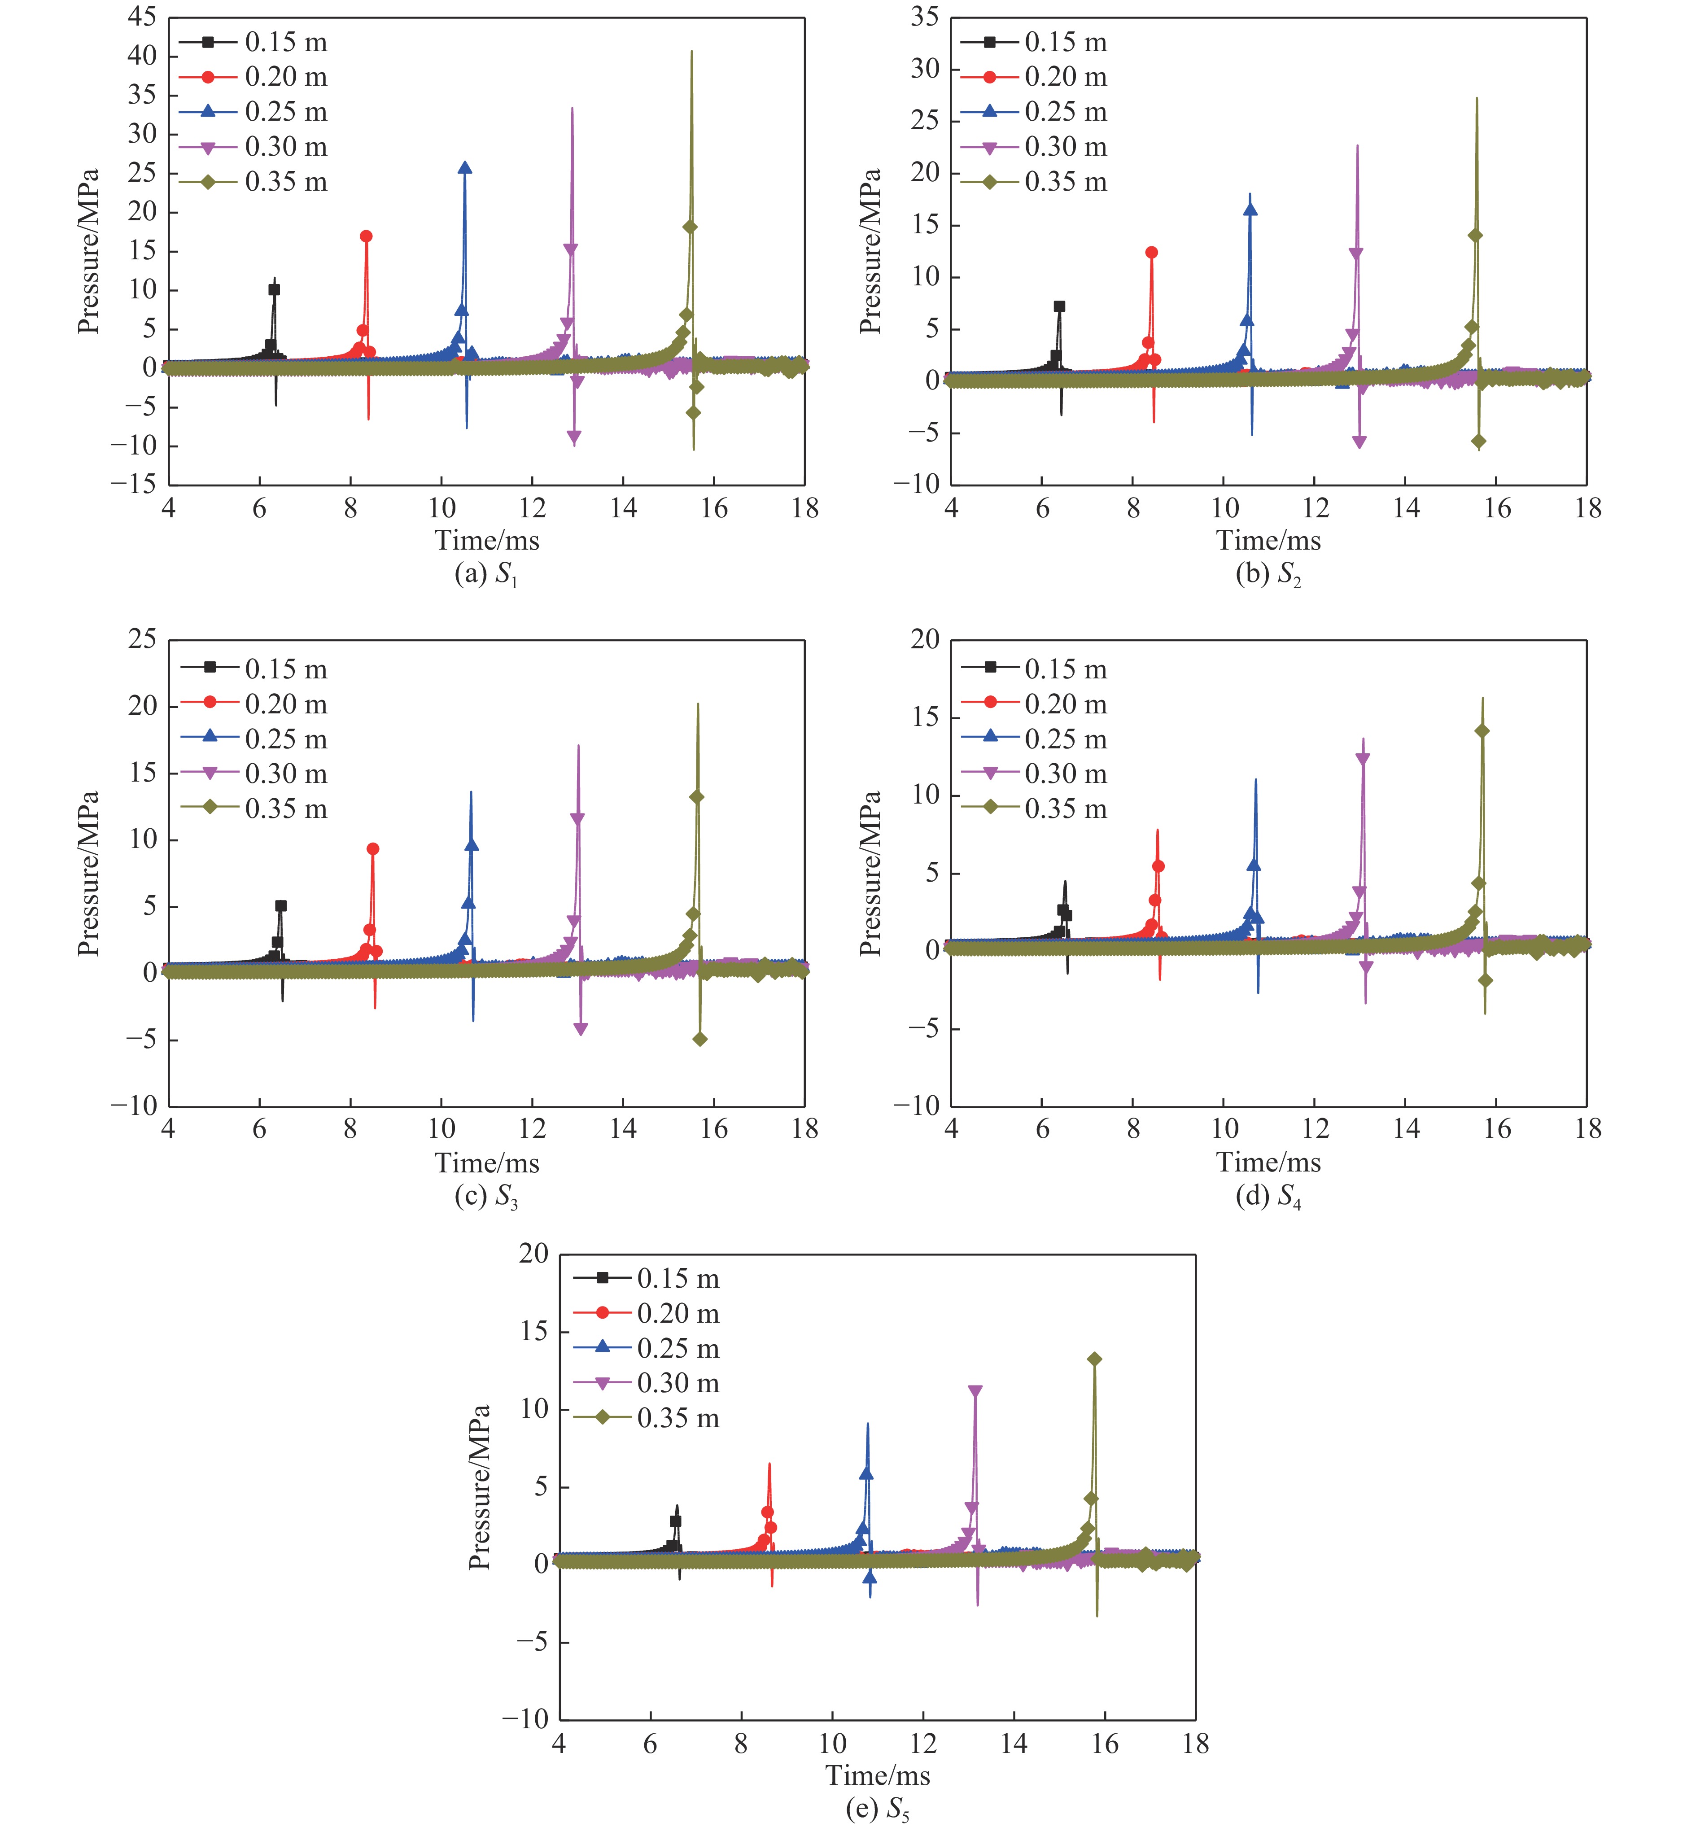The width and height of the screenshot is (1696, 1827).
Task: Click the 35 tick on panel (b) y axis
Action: (925, 17)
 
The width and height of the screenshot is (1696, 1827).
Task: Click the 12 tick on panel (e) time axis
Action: (922, 1744)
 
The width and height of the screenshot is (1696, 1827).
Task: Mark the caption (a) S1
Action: (486, 574)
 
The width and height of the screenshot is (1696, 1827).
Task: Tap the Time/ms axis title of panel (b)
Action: (1268, 541)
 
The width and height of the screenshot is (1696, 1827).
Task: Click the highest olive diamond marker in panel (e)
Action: (1094, 1359)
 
